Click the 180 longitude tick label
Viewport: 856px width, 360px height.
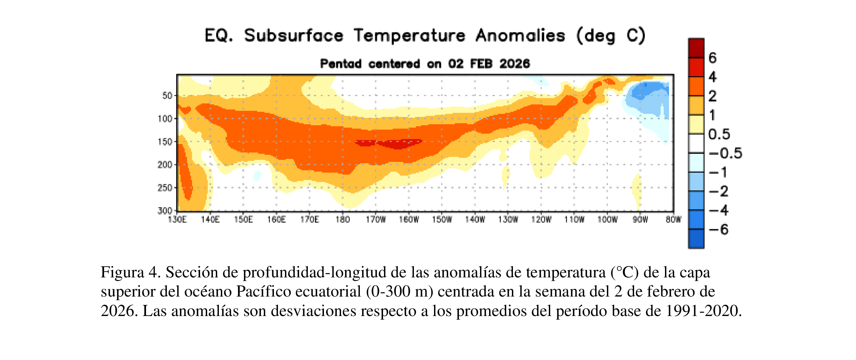click(342, 220)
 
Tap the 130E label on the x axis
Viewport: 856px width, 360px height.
click(177, 220)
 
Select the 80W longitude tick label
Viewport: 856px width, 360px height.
click(673, 220)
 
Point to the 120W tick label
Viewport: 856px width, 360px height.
click(541, 220)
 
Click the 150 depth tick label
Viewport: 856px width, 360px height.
click(165, 142)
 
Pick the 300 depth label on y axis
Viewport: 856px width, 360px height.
click(165, 211)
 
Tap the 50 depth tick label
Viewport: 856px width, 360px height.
click(167, 96)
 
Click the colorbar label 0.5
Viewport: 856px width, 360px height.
click(719, 134)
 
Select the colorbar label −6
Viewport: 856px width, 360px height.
click(719, 230)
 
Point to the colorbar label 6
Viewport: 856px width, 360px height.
click(712, 58)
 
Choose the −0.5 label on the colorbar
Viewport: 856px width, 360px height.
click(725, 153)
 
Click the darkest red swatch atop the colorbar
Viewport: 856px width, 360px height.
click(696, 48)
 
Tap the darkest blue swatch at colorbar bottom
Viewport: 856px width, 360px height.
click(696, 239)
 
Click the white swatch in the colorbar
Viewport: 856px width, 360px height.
click(696, 143)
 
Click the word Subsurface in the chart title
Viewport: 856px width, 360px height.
click(293, 36)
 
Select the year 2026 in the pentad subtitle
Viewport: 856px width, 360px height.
click(514, 63)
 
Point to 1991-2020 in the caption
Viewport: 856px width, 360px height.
click(703, 311)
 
